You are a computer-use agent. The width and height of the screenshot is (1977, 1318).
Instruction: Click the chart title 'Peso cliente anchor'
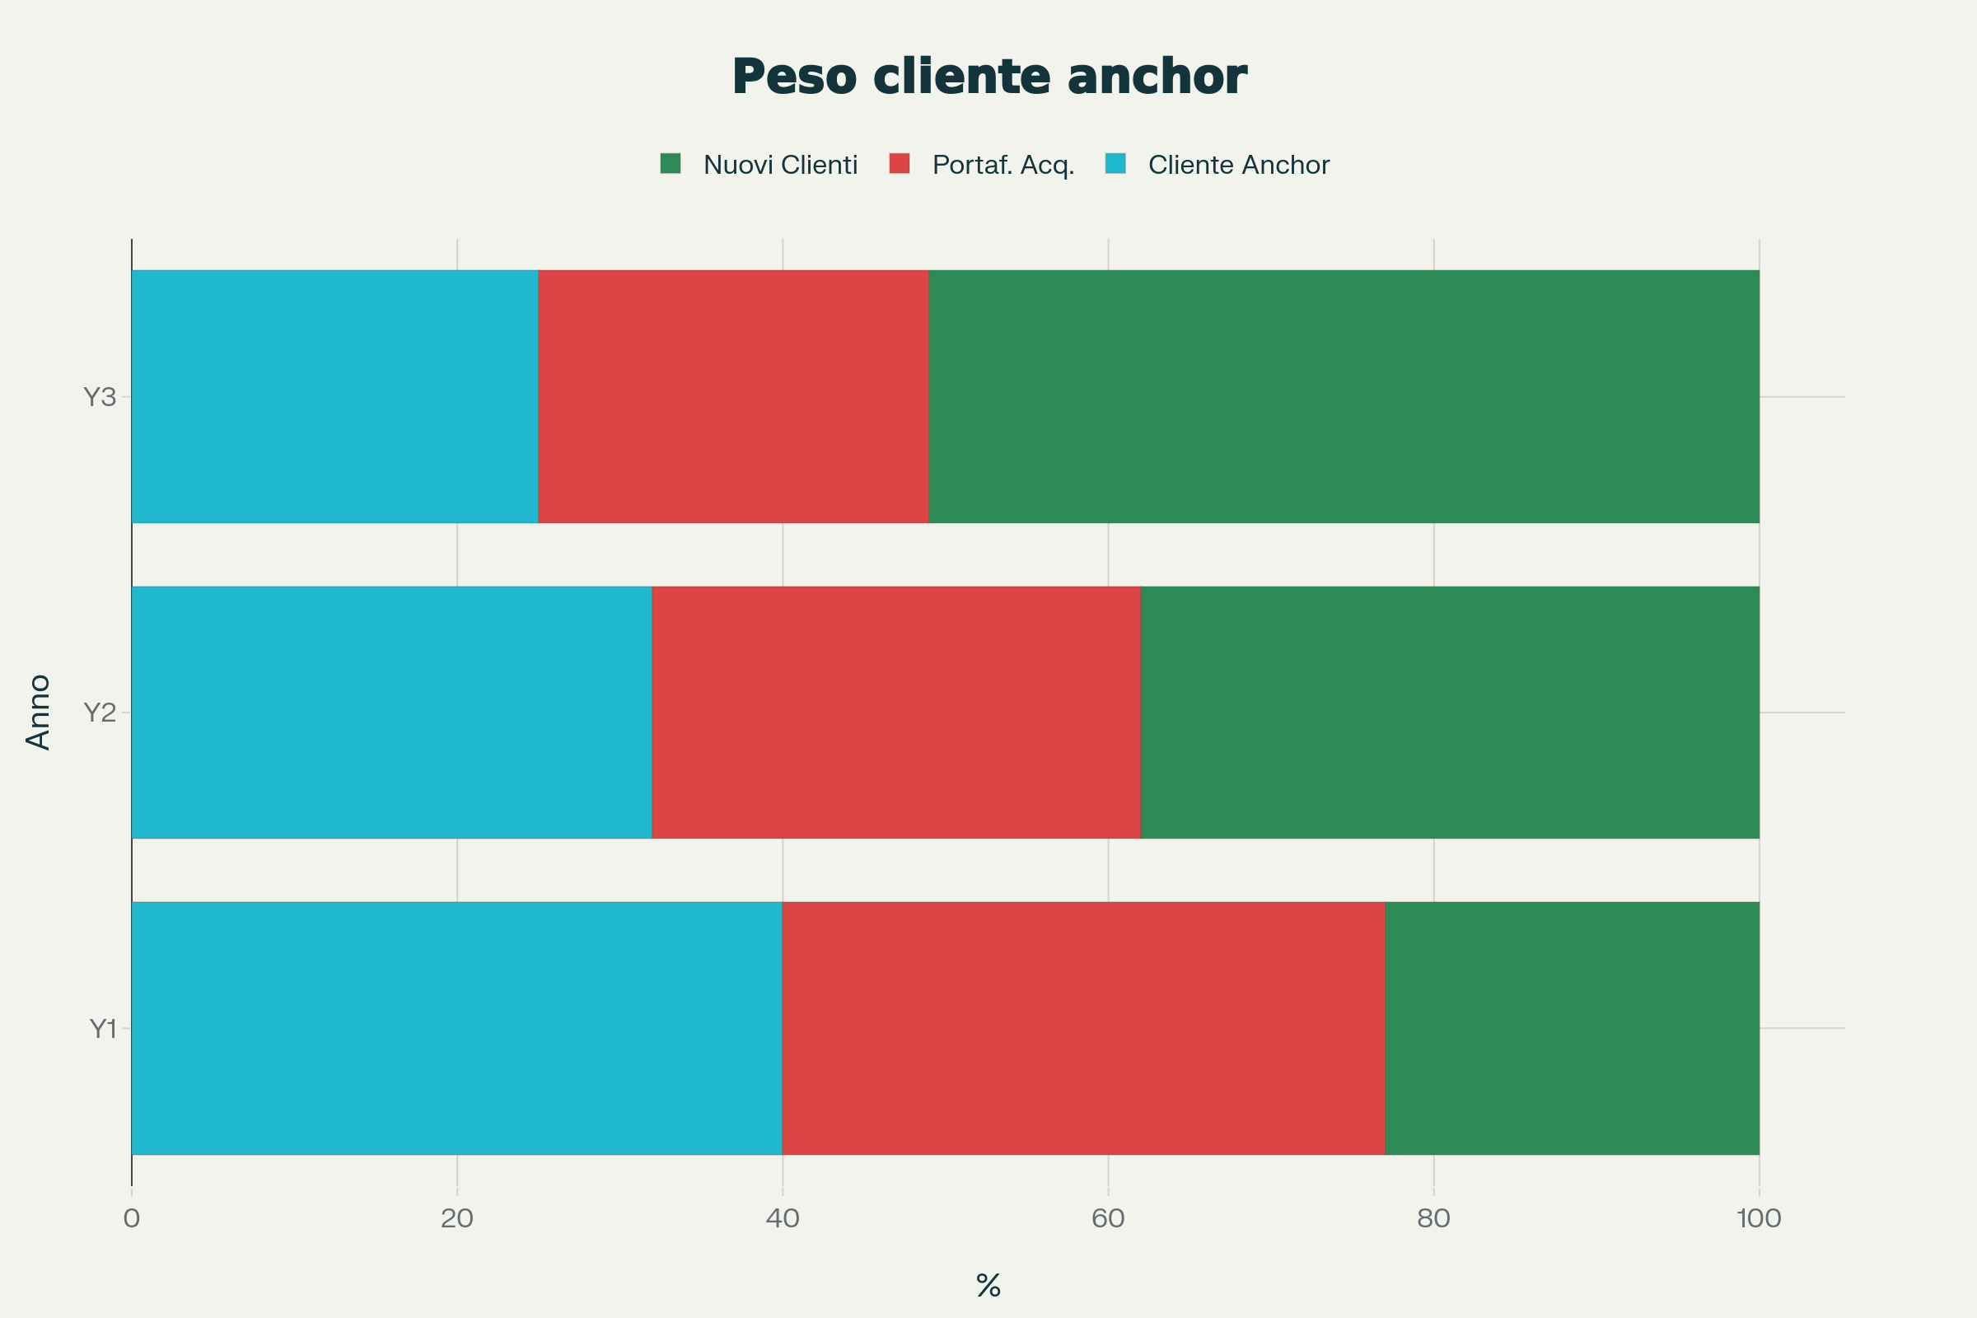988,77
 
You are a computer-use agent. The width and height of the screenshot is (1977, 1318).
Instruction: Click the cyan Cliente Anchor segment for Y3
334,396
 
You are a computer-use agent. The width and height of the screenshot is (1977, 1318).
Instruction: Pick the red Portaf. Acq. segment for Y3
733,396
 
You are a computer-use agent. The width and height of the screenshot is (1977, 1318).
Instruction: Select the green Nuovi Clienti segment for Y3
1344,396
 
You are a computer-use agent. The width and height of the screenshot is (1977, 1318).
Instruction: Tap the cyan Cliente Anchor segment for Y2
392,712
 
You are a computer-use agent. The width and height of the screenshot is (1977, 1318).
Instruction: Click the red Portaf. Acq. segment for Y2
896,712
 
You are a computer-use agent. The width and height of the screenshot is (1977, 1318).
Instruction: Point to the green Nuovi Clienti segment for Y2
1449,712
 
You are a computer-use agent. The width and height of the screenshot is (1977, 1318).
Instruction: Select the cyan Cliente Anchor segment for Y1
456,1028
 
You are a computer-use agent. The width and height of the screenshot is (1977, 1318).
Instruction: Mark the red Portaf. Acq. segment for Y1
1082,1028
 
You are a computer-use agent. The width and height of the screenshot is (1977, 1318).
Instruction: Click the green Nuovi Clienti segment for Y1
1571,1028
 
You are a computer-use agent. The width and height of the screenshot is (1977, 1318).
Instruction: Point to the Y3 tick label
99,397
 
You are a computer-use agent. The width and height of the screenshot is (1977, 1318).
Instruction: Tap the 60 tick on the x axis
1108,1219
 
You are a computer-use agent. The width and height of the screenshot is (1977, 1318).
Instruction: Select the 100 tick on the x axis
1759,1219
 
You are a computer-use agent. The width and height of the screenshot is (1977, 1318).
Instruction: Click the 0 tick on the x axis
131,1219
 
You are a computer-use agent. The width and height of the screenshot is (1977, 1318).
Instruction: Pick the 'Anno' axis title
39,712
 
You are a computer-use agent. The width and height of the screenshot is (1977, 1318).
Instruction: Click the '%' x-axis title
988,1285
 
